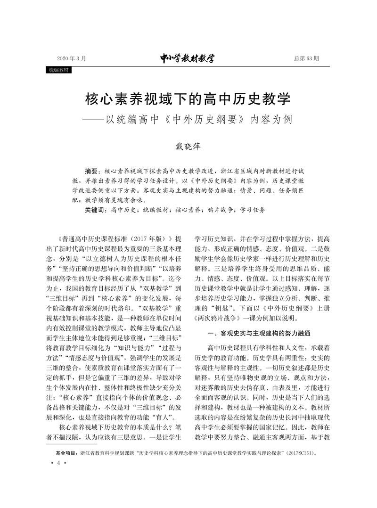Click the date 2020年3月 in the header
click(x=71, y=59)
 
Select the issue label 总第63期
click(x=306, y=59)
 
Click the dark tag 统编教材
click(x=59, y=70)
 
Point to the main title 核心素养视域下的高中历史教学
click(x=188, y=99)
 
